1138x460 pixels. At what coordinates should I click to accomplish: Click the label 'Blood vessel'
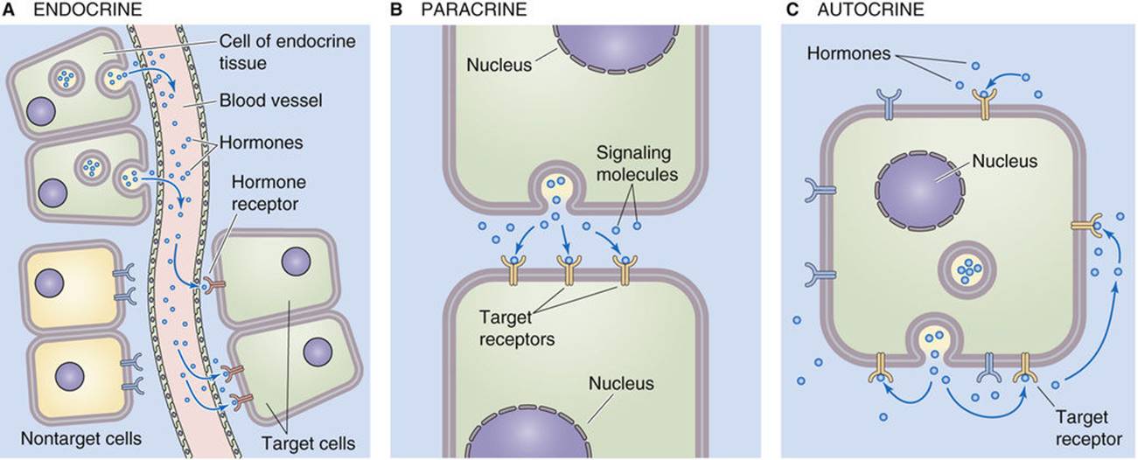pyautogui.click(x=271, y=100)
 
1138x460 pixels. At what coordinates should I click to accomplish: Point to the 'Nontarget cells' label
pyautogui.click(x=81, y=438)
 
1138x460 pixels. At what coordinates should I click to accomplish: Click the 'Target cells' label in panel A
pyautogui.click(x=309, y=443)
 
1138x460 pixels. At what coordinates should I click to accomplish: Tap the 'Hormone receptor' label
pyautogui.click(x=269, y=193)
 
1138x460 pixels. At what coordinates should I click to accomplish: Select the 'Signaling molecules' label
pyautogui.click(x=637, y=164)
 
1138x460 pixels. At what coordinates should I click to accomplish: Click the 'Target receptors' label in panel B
pyautogui.click(x=517, y=329)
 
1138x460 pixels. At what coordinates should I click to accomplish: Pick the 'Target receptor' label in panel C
pyautogui.click(x=1088, y=428)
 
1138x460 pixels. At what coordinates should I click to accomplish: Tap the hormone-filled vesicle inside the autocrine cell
pyautogui.click(x=967, y=270)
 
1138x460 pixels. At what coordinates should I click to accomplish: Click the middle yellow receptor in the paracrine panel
pyautogui.click(x=569, y=269)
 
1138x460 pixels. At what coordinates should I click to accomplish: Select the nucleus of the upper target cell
pyautogui.click(x=297, y=262)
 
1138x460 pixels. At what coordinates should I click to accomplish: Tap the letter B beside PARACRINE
pyautogui.click(x=396, y=10)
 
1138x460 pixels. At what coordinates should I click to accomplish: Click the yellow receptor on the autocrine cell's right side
pyautogui.click(x=1086, y=226)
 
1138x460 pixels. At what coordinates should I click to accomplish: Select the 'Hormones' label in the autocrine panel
pyautogui.click(x=848, y=54)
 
